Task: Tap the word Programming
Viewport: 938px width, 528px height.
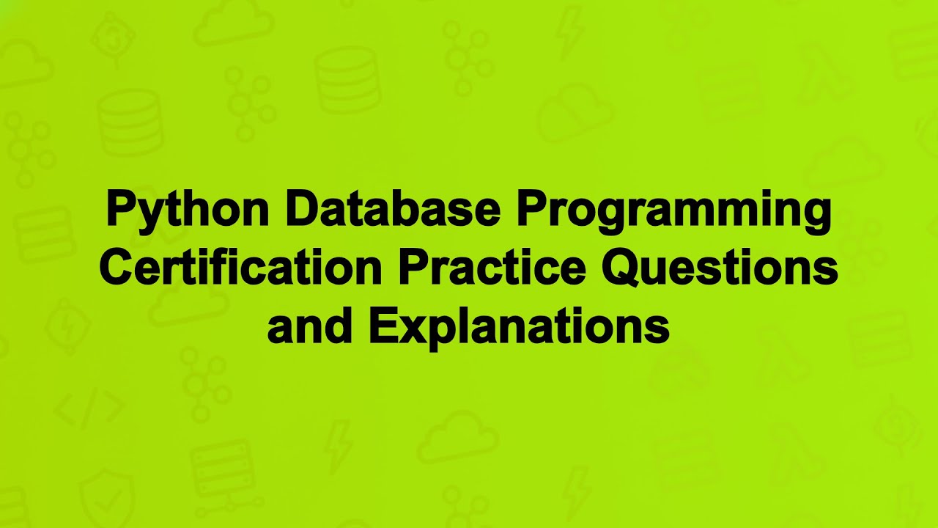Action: click(x=674, y=210)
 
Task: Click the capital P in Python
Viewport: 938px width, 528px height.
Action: click(x=122, y=209)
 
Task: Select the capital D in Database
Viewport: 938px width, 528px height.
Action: click(x=302, y=209)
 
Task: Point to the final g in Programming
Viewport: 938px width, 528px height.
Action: click(x=816, y=214)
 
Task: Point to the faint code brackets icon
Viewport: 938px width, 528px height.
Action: click(x=89, y=410)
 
